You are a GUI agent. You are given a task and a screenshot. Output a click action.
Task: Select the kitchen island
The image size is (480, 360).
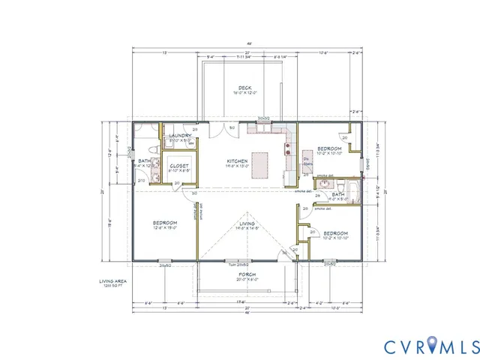[260, 161]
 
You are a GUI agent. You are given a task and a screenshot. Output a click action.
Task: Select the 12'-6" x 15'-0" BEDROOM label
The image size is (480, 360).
[165, 226]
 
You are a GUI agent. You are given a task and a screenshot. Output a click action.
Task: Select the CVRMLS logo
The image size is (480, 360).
[430, 346]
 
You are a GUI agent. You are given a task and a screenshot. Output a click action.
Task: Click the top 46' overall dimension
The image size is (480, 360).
[247, 46]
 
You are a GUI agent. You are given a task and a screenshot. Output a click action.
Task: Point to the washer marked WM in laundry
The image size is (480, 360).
[190, 142]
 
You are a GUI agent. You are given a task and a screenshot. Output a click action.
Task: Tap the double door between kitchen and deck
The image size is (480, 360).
[262, 119]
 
